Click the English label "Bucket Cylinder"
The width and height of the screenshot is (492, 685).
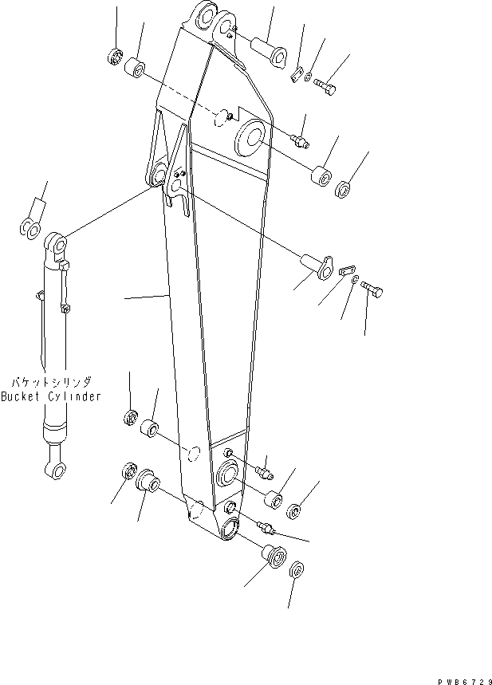pyautogui.click(x=51, y=396)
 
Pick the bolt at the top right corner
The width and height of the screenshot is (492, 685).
pyautogui.click(x=325, y=82)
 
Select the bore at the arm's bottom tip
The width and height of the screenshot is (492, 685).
pyautogui.click(x=228, y=527)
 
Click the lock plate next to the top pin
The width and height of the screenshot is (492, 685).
pyautogui.click(x=297, y=75)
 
